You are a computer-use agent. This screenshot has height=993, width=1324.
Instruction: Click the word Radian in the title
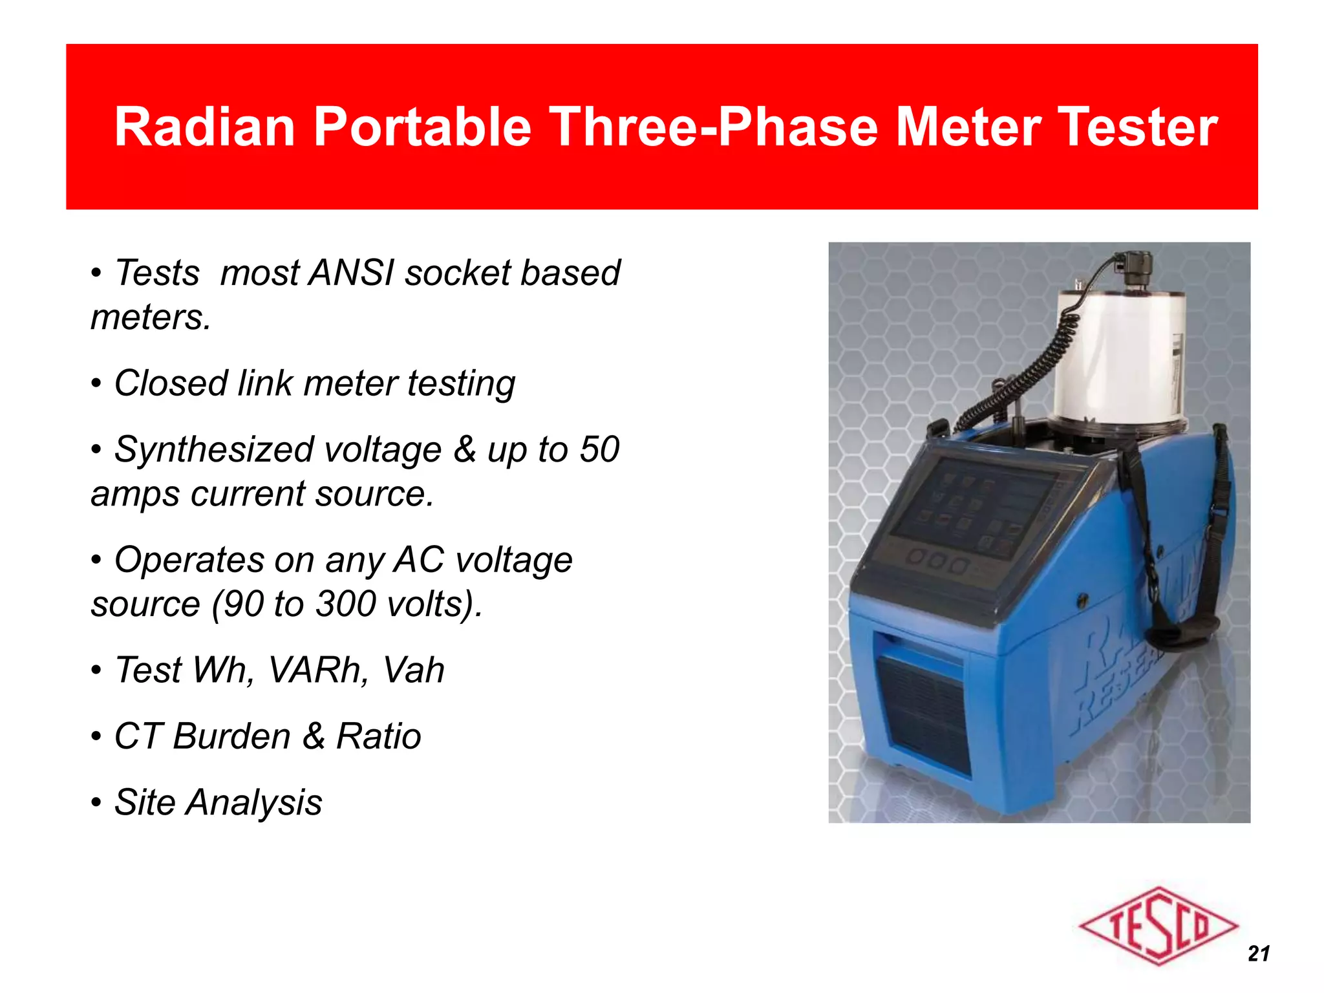click(x=204, y=127)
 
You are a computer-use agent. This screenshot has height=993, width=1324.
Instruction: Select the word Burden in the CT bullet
click(x=231, y=736)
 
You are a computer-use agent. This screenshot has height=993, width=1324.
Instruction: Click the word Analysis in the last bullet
click(x=253, y=803)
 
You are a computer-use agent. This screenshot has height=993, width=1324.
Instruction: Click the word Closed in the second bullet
click(x=170, y=383)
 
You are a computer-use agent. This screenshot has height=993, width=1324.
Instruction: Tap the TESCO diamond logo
click(x=1158, y=926)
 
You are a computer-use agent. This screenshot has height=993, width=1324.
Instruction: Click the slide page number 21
click(x=1259, y=954)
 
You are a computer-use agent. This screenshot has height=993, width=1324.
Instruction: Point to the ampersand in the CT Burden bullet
click(x=314, y=736)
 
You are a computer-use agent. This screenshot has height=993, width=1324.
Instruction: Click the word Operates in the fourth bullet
click(x=189, y=561)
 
